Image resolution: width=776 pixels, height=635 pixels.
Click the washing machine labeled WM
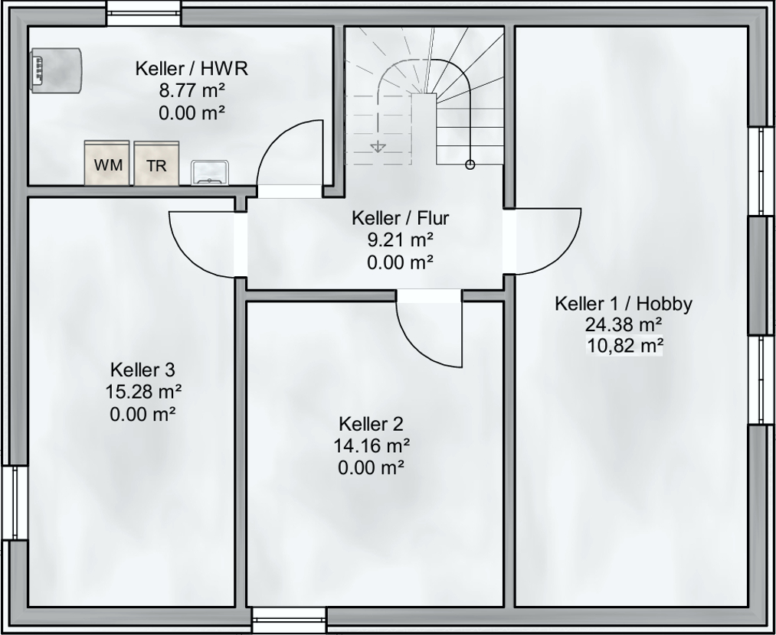(107, 163)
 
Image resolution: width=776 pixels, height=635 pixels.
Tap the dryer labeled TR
(156, 164)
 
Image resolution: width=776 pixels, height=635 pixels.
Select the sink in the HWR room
(210, 172)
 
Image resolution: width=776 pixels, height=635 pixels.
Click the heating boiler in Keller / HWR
(55, 70)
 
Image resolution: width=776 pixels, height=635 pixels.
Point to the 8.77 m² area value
(192, 91)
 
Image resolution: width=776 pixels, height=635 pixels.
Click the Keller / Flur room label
(401, 217)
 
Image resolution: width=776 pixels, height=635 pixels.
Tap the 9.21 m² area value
(401, 239)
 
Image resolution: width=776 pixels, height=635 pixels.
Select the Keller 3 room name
(142, 369)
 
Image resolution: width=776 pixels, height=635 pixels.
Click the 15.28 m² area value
(143, 392)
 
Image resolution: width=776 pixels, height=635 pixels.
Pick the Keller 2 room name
(372, 424)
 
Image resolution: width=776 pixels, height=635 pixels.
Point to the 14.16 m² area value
(372, 446)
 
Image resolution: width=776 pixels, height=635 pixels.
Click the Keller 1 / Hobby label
(624, 304)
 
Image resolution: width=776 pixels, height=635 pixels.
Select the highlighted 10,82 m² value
(624, 345)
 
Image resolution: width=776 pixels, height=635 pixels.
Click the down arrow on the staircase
(378, 146)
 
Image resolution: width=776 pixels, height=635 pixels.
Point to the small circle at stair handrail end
(470, 164)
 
